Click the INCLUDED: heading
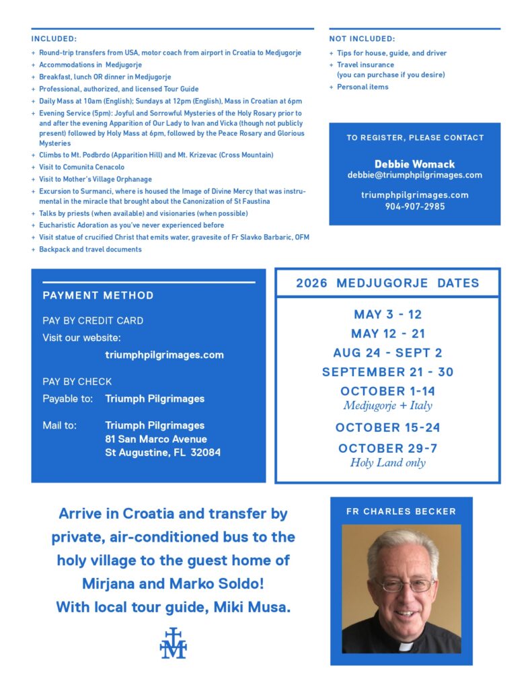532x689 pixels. [54, 39]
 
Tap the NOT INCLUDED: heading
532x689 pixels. [362, 39]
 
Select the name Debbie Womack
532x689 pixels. [414, 164]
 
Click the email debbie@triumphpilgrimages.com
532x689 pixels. [414, 175]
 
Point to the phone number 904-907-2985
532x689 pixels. [414, 206]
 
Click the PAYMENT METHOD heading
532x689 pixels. [98, 295]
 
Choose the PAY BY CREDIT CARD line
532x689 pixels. [93, 320]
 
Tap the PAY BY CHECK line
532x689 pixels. [77, 382]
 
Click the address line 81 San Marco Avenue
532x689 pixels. [156, 439]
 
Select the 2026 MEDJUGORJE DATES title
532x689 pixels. [387, 283]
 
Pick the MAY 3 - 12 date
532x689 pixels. [387, 314]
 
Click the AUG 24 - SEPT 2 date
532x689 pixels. [387, 353]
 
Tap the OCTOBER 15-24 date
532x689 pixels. [387, 427]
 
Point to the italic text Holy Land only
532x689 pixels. [387, 463]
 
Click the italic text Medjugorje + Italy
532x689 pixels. [387, 406]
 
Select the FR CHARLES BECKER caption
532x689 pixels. [401, 511]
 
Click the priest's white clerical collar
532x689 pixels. [405, 646]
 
